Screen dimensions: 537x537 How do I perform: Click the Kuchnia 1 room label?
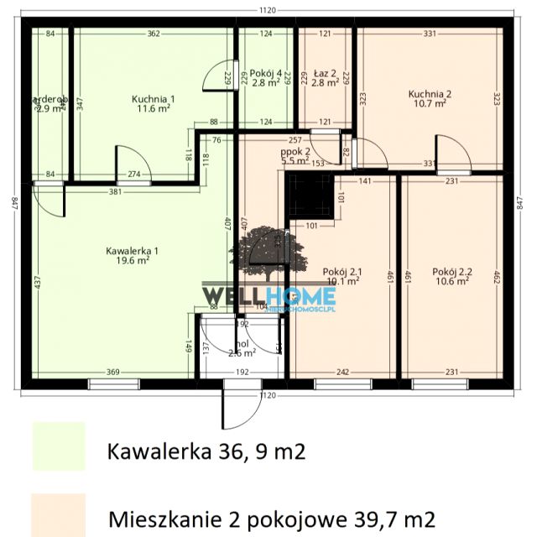point(153,98)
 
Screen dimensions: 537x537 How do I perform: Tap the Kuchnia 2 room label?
point(430,94)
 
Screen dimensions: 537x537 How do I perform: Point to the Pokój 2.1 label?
point(341,271)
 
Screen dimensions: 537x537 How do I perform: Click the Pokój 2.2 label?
point(452,271)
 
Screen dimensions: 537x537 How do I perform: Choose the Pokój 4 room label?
point(266,71)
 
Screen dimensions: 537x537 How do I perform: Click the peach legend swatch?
point(58,514)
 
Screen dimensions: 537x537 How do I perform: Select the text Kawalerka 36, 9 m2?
point(206,453)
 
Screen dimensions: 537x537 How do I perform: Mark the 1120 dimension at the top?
point(268,10)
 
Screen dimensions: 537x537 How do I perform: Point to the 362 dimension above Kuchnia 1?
point(154,34)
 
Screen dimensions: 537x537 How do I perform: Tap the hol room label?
point(242,344)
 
